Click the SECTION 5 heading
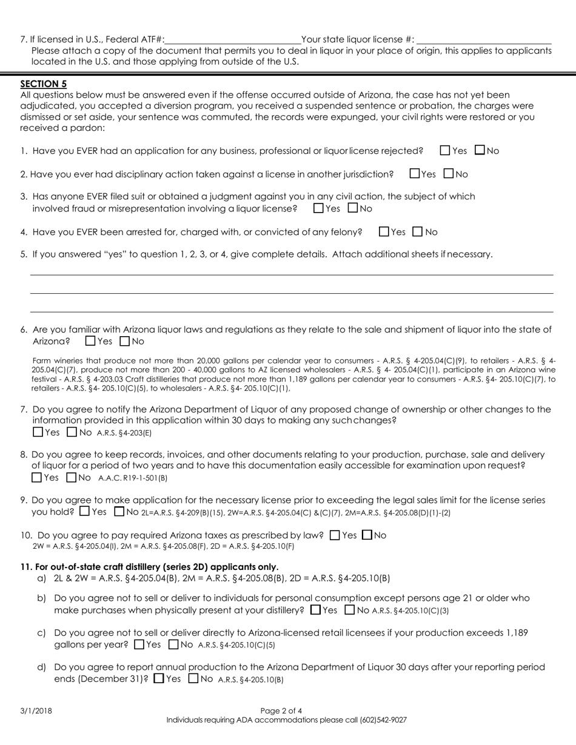[44, 84]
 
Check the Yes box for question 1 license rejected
[445, 150]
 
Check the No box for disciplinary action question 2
[449, 174]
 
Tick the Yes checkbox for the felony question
[384, 231]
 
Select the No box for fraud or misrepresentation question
[353, 208]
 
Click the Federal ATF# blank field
[233, 39]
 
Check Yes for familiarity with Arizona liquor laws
[91, 341]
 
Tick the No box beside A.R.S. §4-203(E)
[72, 432]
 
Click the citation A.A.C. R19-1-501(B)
[133, 478]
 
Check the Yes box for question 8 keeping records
[38, 477]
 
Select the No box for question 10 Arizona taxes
[367, 535]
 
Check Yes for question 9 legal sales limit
[85, 511]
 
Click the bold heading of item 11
[149, 567]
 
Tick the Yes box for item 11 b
[315, 610]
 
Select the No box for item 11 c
[173, 644]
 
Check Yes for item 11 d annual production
[159, 679]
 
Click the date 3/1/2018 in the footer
[36, 710]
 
